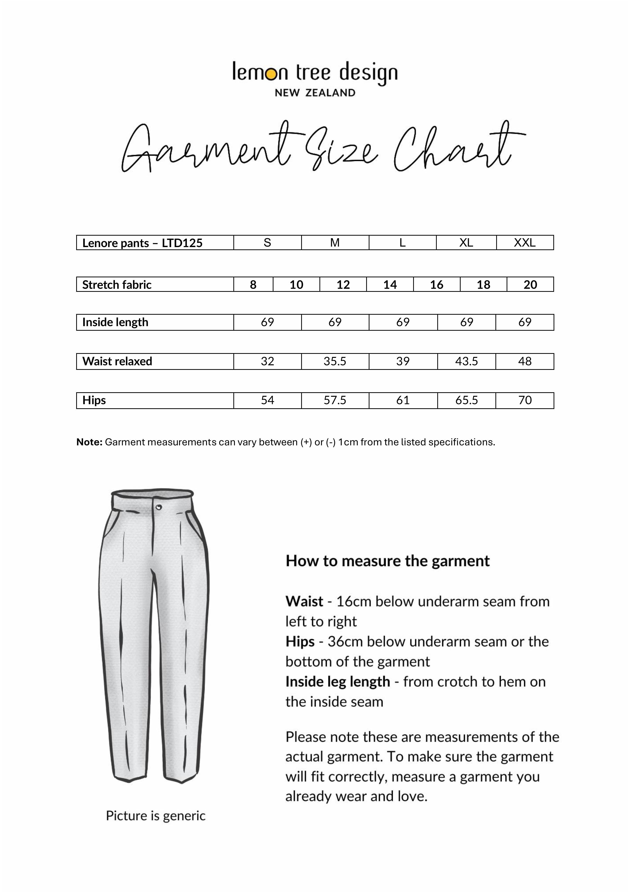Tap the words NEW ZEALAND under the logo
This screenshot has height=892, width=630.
point(315,93)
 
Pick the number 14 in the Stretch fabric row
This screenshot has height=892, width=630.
point(390,285)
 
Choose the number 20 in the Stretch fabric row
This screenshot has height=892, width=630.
point(530,285)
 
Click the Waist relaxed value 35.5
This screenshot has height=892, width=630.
point(335,361)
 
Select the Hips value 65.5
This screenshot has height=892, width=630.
point(466,400)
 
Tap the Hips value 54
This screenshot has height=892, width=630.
point(267,400)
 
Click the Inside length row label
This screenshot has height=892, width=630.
point(115,322)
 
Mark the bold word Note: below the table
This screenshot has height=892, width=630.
point(89,442)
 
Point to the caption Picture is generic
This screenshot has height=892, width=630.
point(156,815)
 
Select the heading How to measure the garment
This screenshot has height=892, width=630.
point(387,561)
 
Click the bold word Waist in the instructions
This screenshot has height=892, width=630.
point(304,601)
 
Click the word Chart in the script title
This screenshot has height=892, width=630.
point(454,149)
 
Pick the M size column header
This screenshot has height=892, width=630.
point(335,243)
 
